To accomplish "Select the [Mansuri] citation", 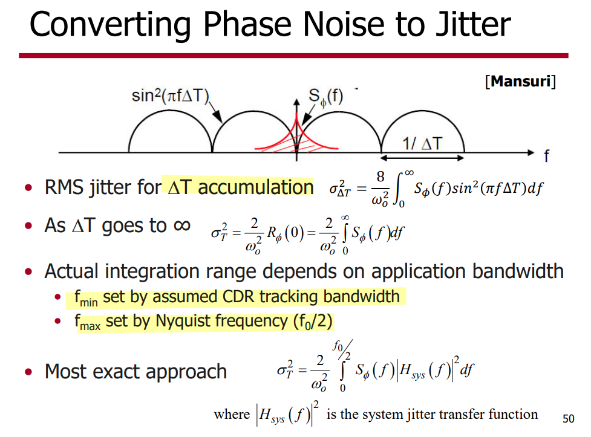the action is pos(520,82).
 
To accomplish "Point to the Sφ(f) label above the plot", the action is pos(325,97).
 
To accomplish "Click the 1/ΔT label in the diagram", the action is pos(422,143).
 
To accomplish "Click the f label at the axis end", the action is pos(546,155).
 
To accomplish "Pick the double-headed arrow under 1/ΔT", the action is pos(422,158).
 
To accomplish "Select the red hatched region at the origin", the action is pos(297,143).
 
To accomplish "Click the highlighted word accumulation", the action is pos(255,187).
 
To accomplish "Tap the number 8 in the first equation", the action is pos(380,176).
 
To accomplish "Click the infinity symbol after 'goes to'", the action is pos(181,225).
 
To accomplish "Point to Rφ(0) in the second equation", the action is pos(286,233).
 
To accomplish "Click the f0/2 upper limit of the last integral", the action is pos(342,350).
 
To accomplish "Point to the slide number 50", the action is pos(569,419).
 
